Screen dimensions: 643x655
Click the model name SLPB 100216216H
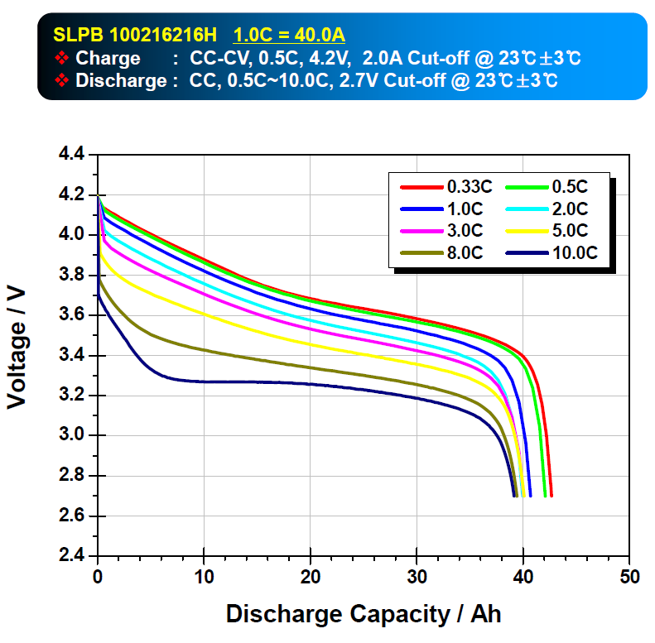tap(135, 36)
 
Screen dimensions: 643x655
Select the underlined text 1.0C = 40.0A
tap(289, 36)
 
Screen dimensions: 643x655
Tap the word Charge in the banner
tap(108, 59)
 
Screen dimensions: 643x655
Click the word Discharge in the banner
tap(121, 81)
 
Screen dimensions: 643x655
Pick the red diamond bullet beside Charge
tap(61, 59)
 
